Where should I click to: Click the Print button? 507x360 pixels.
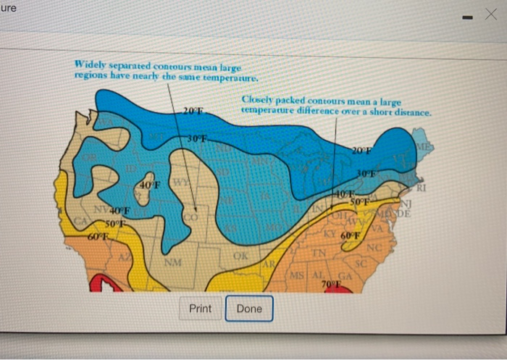(x=201, y=309)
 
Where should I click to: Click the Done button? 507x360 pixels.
(x=249, y=309)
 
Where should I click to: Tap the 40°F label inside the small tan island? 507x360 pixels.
(x=148, y=186)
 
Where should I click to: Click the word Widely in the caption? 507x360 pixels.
(x=91, y=64)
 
